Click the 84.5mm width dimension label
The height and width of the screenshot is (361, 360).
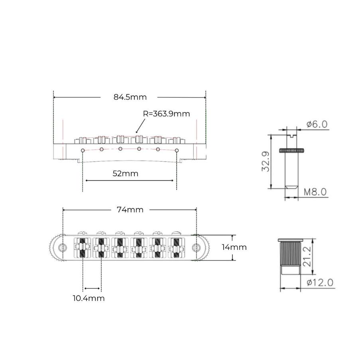pos(130,97)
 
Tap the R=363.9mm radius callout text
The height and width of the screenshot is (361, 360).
pos(166,114)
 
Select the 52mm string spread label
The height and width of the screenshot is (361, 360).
pos(125,174)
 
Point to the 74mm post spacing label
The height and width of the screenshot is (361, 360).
pos(130,209)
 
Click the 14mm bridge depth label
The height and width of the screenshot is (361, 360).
pos(234,247)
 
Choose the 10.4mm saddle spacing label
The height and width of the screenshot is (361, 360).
pos(89,298)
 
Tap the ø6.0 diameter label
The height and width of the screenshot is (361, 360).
pos(317,124)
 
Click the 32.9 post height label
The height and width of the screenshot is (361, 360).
pos(266,162)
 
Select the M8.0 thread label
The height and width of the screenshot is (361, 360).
pos(315,192)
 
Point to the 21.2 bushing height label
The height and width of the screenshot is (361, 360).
pos(307,256)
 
